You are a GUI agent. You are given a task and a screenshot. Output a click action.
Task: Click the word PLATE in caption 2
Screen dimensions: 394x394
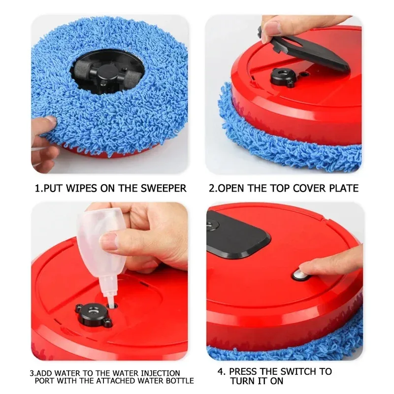click(x=342, y=188)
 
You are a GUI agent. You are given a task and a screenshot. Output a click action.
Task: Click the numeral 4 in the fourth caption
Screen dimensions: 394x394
click(x=220, y=371)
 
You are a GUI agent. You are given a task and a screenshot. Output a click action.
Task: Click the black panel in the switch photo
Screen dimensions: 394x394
click(x=236, y=234)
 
